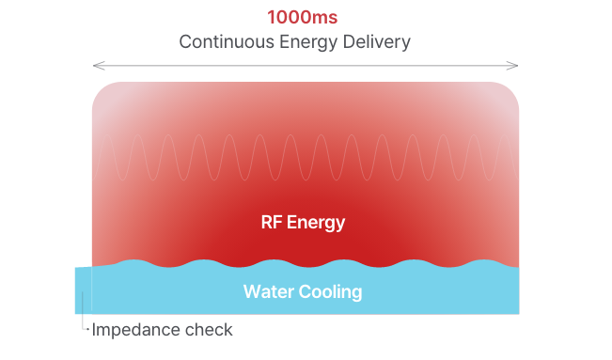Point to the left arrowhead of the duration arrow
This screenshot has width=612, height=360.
[96, 66]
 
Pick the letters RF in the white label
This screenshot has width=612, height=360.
[271, 223]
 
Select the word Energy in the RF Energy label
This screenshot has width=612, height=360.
[316, 224]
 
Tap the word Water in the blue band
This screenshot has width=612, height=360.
[266, 291]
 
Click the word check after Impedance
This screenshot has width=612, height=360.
[209, 330]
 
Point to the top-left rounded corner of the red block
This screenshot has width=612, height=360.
[97, 89]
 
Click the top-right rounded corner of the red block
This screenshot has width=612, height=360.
[512, 89]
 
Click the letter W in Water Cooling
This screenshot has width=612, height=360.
[251, 291]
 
